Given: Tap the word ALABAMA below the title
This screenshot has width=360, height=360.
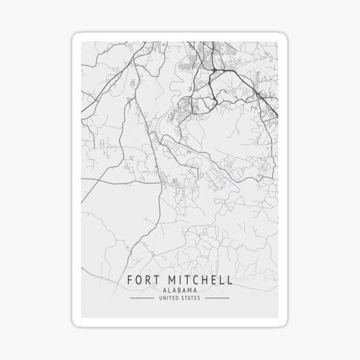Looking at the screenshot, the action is (179, 290).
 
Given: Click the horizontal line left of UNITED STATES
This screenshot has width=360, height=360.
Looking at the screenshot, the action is (145, 298).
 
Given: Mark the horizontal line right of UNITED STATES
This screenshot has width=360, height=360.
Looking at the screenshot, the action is (215, 298).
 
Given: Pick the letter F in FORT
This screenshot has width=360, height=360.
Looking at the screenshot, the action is (130, 280).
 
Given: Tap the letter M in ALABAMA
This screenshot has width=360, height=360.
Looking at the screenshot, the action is (188, 290).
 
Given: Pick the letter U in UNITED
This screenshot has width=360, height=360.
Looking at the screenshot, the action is (162, 298).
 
